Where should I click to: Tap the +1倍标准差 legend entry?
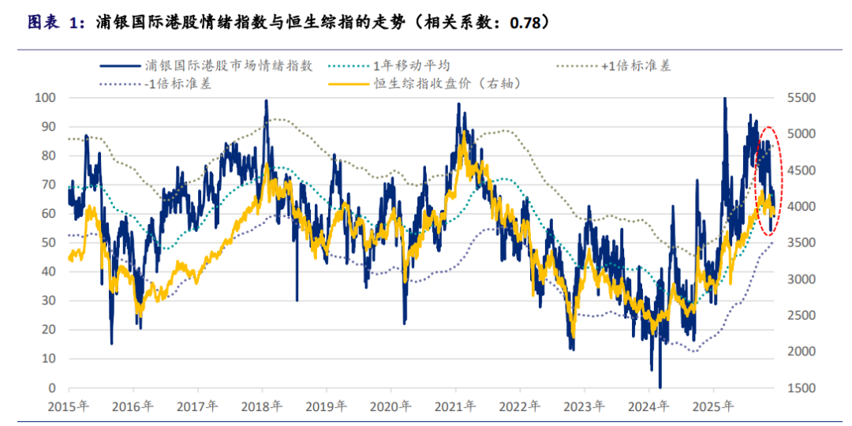[636, 65]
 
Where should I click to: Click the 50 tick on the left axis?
[50, 243]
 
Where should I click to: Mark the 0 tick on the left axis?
[53, 388]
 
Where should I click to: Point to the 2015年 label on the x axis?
[69, 406]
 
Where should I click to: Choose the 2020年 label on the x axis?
[391, 406]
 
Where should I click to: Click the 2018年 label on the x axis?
[262, 406]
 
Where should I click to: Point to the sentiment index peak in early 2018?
[266, 101]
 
